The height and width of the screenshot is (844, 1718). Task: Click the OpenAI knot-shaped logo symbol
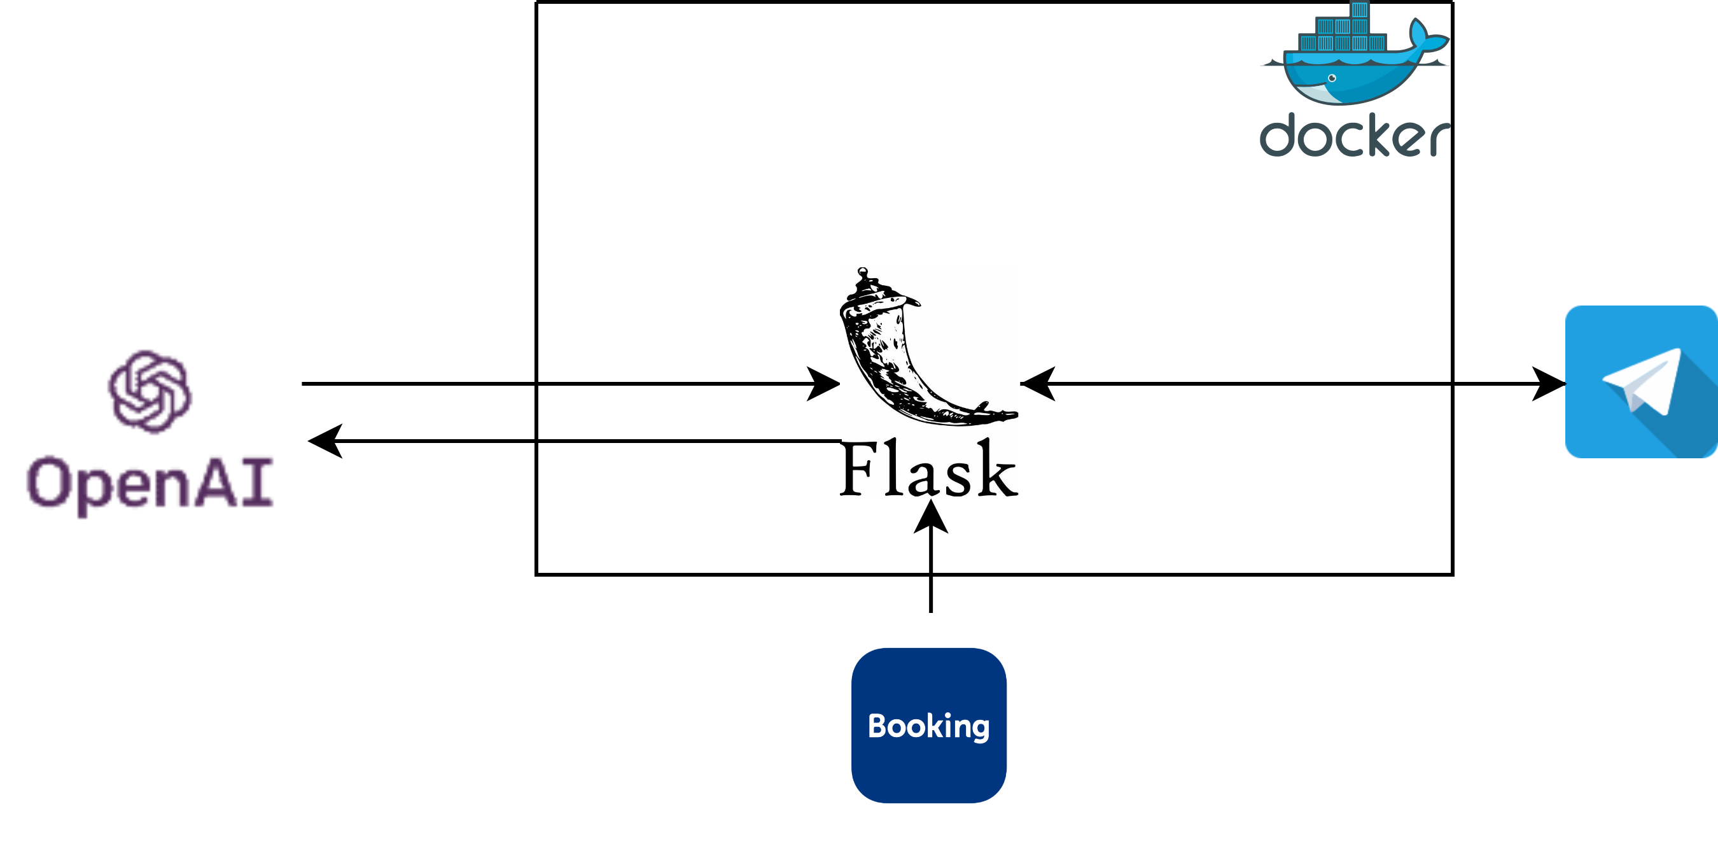150,391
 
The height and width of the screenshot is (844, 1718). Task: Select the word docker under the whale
1354,137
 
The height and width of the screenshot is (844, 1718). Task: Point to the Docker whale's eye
1332,78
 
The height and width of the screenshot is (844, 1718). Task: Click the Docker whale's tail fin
1427,37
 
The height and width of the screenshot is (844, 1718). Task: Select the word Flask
928,470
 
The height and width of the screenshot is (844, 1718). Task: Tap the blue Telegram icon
1640,382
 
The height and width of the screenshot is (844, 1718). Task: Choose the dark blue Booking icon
928,725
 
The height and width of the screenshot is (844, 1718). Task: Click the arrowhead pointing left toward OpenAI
325,441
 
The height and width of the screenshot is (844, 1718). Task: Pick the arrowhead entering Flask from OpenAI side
823,384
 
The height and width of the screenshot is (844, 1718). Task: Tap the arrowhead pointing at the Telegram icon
1549,384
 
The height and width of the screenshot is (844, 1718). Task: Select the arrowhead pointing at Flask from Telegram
1038,384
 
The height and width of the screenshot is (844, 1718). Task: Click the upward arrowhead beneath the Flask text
931,517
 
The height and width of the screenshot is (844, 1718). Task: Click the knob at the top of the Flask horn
863,272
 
